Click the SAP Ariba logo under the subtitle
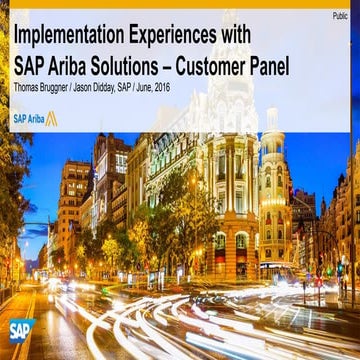35,117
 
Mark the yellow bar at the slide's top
180,4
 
